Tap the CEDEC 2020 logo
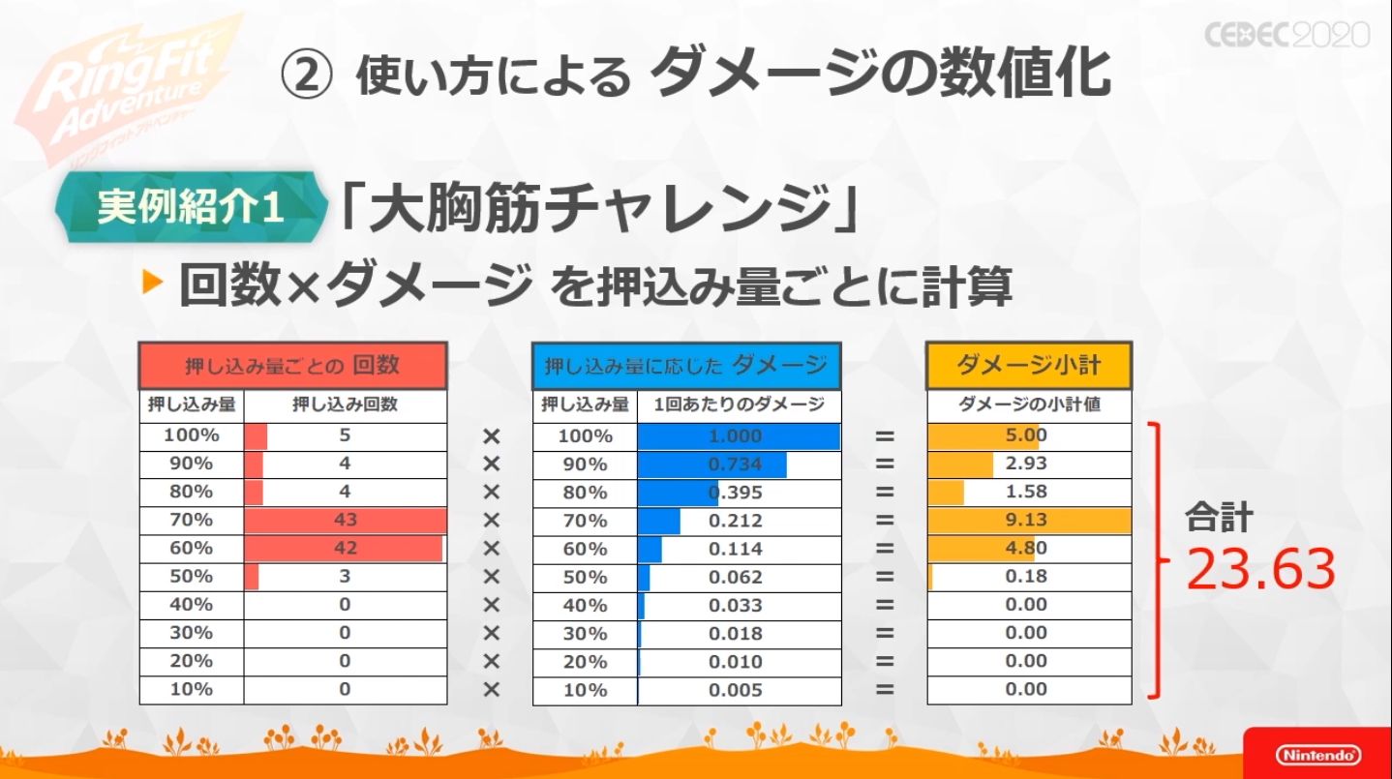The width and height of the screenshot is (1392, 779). pyautogui.click(x=1286, y=35)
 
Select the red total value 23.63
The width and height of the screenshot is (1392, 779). pyautogui.click(x=1260, y=569)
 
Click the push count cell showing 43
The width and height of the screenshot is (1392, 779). pyautogui.click(x=345, y=520)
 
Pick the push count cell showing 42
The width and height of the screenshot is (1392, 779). pyautogui.click(x=345, y=548)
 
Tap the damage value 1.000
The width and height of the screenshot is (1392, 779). pyautogui.click(x=736, y=436)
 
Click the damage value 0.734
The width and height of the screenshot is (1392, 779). pyautogui.click(x=736, y=464)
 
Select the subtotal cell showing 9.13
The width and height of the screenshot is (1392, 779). pyautogui.click(x=1028, y=520)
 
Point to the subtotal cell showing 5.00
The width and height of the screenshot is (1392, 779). pyautogui.click(x=1028, y=435)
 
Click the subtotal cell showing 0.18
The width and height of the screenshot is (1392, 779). pyautogui.click(x=1028, y=576)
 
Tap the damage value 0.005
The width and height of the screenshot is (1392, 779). pyautogui.click(x=736, y=690)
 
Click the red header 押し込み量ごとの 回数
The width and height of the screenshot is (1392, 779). pyautogui.click(x=292, y=366)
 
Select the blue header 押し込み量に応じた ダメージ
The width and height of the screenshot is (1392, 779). pyautogui.click(x=686, y=366)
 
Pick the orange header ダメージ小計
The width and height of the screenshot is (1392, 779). pyautogui.click(x=1029, y=366)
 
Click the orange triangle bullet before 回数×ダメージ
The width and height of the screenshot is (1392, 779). pyautogui.click(x=153, y=284)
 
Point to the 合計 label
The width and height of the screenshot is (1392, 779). pyautogui.click(x=1219, y=519)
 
